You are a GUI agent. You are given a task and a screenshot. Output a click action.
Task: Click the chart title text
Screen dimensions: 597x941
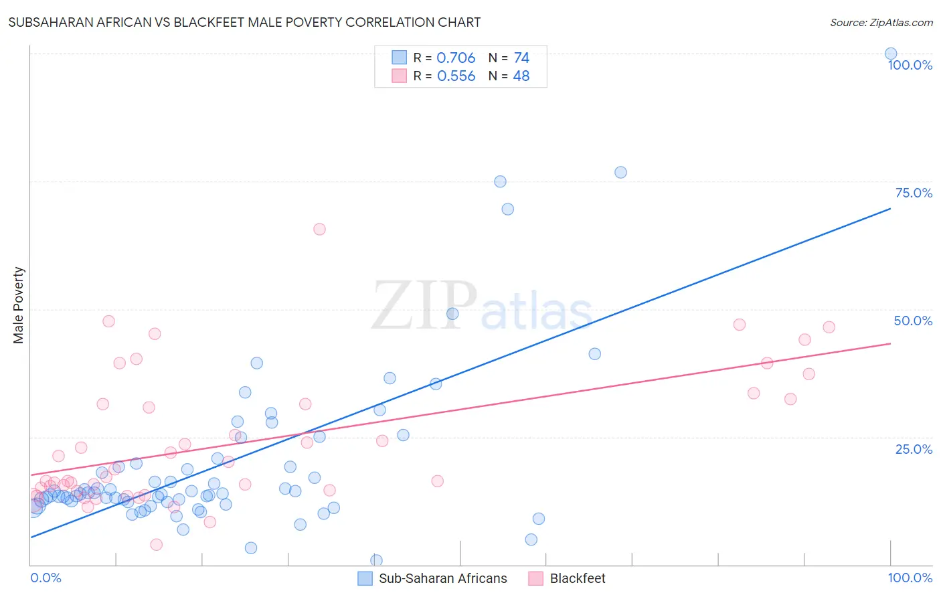point(244,22)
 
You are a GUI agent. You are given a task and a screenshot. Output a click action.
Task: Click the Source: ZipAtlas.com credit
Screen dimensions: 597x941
point(881,22)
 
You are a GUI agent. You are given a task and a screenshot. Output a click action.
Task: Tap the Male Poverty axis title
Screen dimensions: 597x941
point(19,305)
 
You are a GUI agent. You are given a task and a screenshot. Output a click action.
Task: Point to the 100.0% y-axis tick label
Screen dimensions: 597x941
point(910,65)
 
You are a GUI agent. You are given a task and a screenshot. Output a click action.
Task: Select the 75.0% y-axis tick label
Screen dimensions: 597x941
point(914,193)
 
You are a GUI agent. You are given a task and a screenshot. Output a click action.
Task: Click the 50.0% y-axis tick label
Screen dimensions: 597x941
point(913,321)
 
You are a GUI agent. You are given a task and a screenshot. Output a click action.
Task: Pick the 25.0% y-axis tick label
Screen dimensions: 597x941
point(914,448)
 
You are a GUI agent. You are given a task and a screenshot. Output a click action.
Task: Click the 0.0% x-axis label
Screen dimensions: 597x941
point(46,578)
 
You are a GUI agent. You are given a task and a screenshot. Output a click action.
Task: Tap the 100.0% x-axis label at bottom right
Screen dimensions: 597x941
point(910,578)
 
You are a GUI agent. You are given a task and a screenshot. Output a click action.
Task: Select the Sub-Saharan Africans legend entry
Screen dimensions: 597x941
point(432,578)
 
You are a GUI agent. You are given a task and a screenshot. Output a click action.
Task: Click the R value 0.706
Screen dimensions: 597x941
point(456,58)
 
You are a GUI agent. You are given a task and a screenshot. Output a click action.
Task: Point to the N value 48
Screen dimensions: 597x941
point(521,76)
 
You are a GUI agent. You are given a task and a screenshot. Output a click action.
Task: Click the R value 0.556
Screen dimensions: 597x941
point(456,76)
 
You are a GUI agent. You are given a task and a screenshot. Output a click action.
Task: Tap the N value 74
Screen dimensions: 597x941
point(521,58)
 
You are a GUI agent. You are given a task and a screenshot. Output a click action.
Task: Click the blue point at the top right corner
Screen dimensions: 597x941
point(890,54)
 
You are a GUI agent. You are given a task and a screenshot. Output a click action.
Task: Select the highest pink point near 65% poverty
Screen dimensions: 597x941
point(319,229)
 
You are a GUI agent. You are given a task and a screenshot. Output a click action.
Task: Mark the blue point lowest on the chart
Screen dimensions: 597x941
point(376,560)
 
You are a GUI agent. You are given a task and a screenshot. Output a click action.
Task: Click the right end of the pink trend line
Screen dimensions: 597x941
point(889,343)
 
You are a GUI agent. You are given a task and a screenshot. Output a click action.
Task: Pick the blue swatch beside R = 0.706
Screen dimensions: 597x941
point(399,58)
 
